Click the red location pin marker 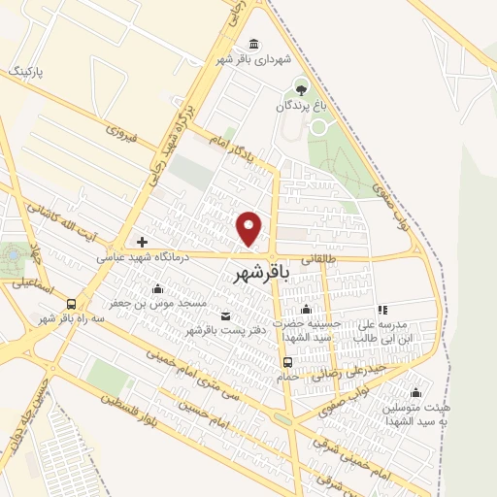(x=250, y=228)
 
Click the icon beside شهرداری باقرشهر (x=253, y=45)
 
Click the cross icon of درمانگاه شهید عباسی (x=143, y=242)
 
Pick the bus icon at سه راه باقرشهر (x=73, y=304)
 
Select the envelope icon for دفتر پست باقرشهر (x=227, y=315)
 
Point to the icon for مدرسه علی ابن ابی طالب (x=382, y=310)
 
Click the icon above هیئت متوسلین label (x=415, y=392)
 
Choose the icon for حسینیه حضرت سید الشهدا (x=306, y=310)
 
